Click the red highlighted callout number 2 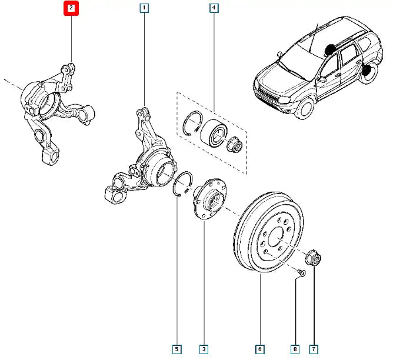[71, 8]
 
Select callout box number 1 [144, 8]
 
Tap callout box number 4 [213, 8]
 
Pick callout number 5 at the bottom [176, 350]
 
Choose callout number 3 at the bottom [204, 350]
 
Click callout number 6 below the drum [260, 350]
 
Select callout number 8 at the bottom [295, 350]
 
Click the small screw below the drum [300, 272]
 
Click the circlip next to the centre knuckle [182, 185]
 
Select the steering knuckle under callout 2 [53, 112]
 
